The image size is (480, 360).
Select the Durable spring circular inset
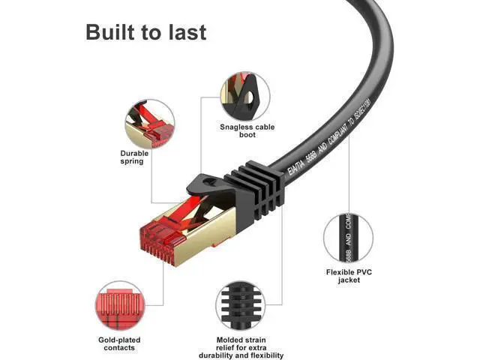click(149, 122)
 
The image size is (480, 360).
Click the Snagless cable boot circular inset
click(245, 96)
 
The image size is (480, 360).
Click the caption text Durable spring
click(135, 157)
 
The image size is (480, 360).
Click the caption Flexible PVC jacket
click(349, 276)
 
